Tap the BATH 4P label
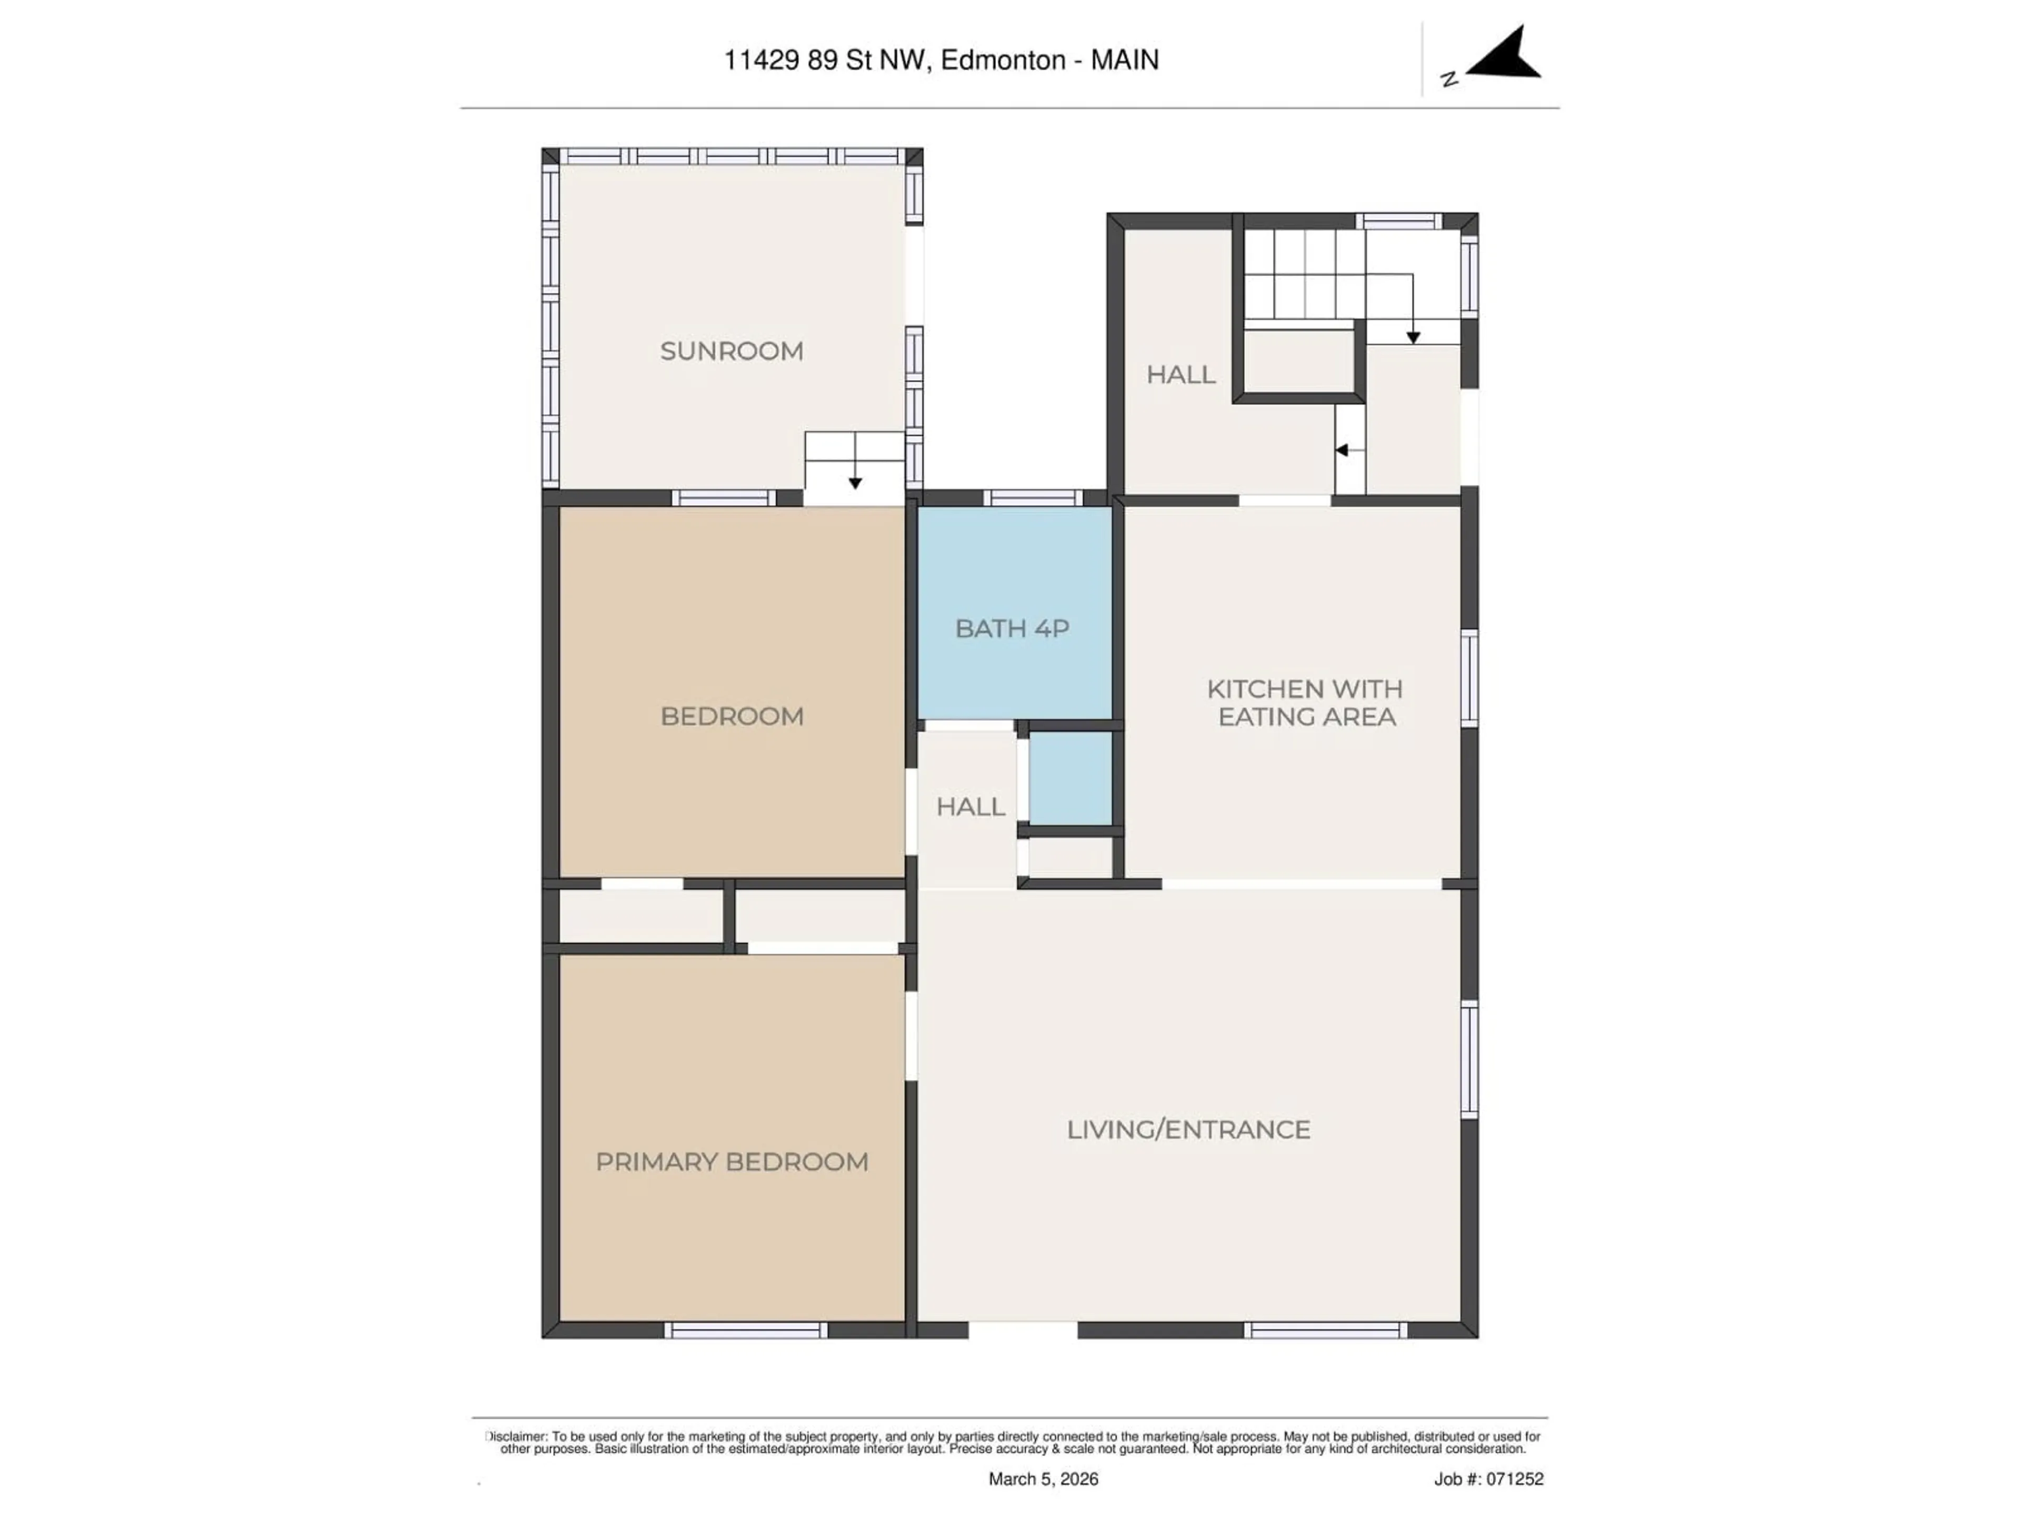tap(1012, 629)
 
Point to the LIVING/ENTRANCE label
tap(1188, 1130)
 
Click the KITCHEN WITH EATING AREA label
tap(1305, 703)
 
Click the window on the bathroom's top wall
tap(1033, 498)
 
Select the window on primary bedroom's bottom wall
tap(746, 1331)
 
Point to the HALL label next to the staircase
tap(1180, 375)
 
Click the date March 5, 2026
tap(1043, 1479)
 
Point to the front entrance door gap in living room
tap(1023, 1331)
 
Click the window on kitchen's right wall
tap(1468, 678)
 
